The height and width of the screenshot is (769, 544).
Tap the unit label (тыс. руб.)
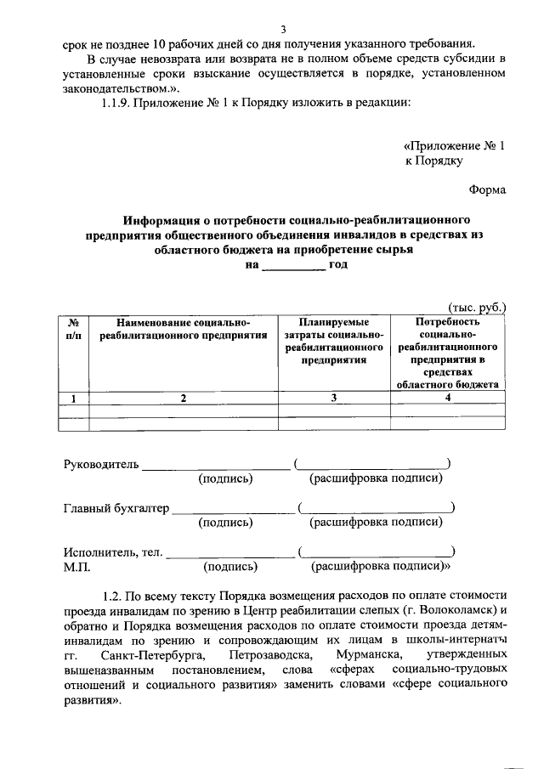[x=476, y=307]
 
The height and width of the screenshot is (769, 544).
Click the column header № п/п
[x=74, y=330]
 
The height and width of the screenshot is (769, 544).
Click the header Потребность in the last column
[x=447, y=322]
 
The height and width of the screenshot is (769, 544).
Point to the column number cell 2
[x=184, y=398]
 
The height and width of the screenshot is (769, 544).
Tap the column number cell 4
[x=447, y=398]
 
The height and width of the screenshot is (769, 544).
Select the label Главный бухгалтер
[x=116, y=509]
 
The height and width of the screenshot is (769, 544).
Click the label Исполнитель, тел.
[x=113, y=552]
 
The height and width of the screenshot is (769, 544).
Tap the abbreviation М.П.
[x=76, y=567]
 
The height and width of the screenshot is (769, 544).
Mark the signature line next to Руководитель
[x=215, y=466]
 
